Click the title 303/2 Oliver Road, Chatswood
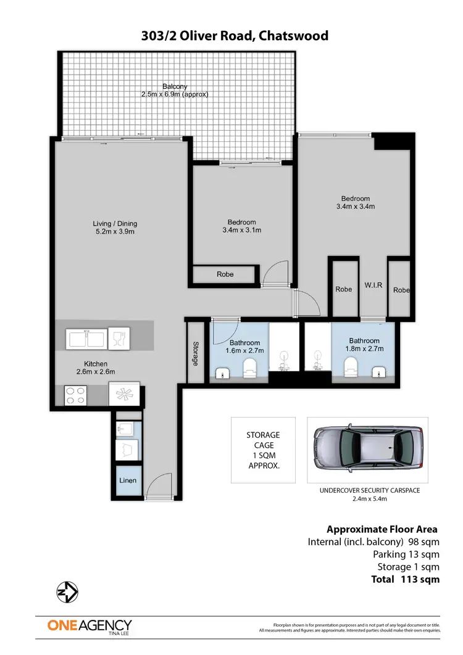coord(235,36)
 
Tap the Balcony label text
coord(175,86)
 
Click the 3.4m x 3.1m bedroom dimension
coord(241,231)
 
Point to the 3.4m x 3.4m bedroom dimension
coord(356,207)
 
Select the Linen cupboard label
coord(128,480)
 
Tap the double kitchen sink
coord(88,339)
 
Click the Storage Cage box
coord(263,450)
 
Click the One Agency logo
coord(90,625)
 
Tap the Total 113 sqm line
coord(406,579)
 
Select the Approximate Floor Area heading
coord(382,529)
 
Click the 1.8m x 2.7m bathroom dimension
coord(364,348)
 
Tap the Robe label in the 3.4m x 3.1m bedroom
coord(225,274)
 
